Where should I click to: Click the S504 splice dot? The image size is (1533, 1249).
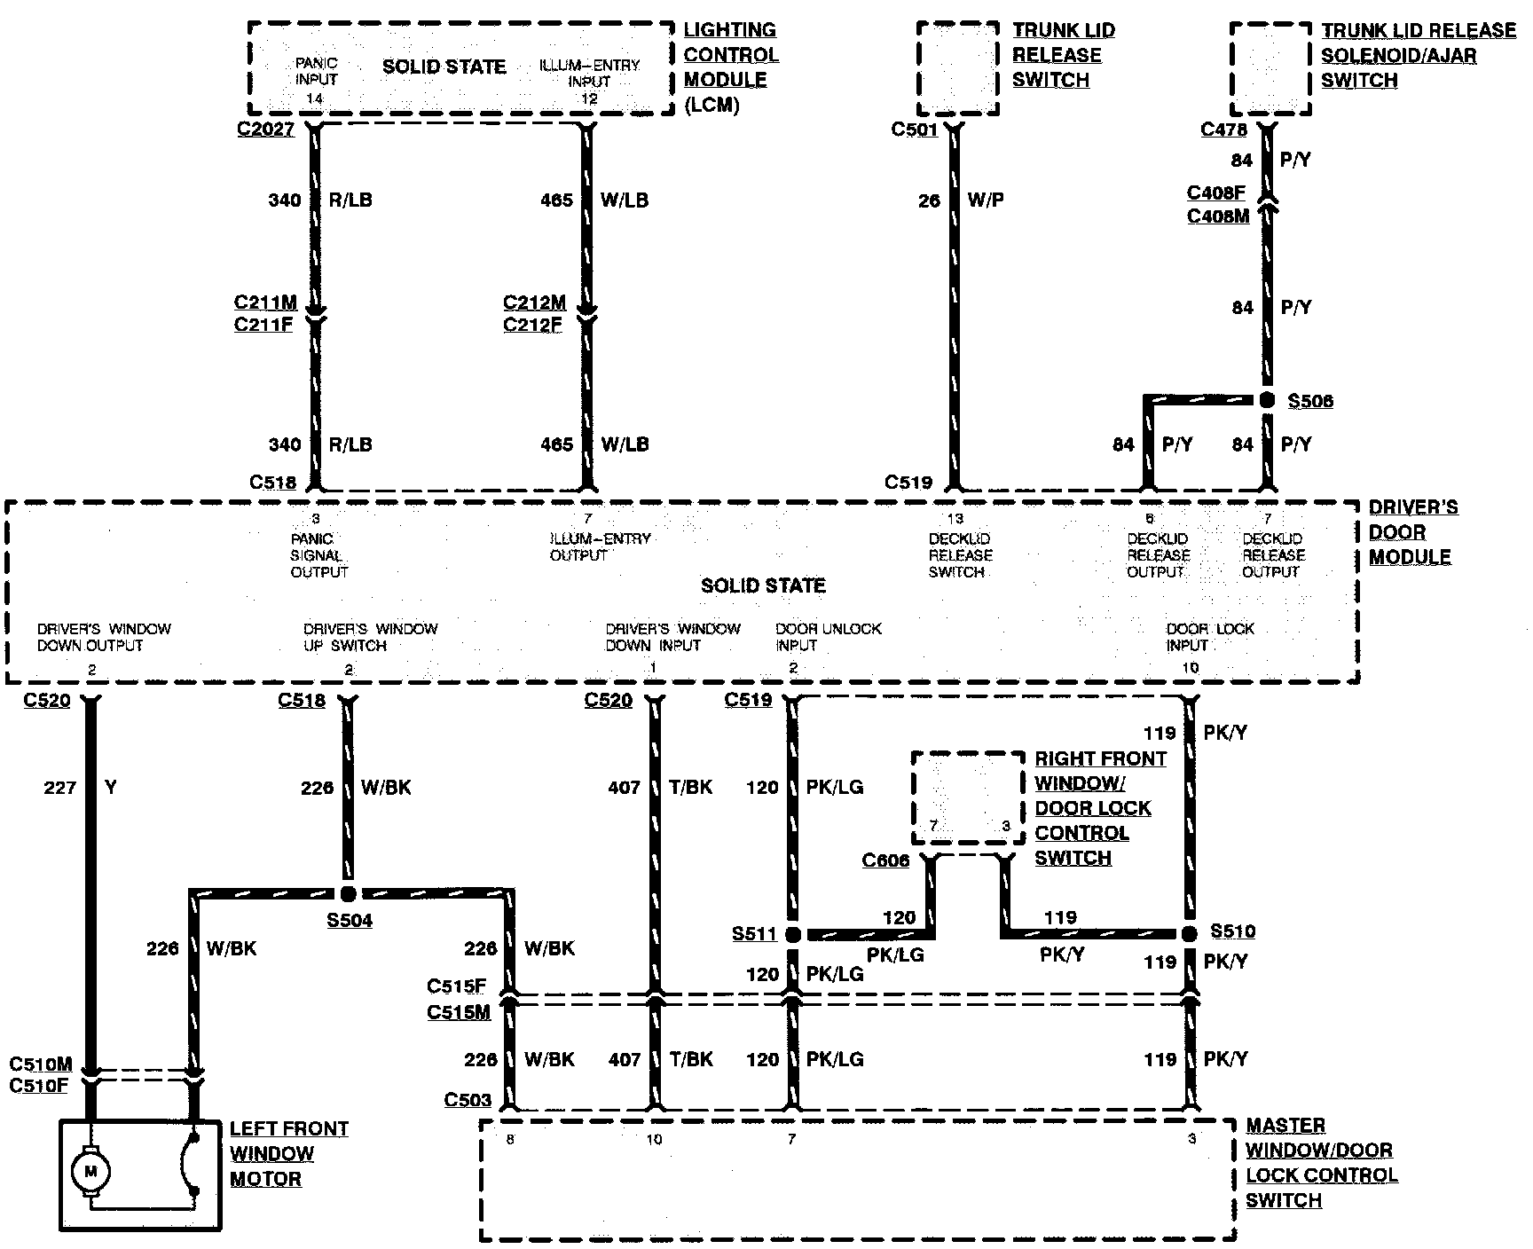pyautogui.click(x=349, y=894)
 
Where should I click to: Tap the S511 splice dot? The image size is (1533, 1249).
pyautogui.click(x=793, y=934)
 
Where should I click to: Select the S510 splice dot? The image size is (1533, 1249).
pyautogui.click(x=1190, y=933)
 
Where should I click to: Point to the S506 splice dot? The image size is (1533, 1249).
pyautogui.click(x=1267, y=401)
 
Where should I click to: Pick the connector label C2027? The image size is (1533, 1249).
pyautogui.click(x=265, y=130)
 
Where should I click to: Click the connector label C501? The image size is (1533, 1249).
pyautogui.click(x=915, y=130)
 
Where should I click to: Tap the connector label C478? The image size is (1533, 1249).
pyautogui.click(x=1223, y=130)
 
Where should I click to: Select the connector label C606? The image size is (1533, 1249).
pyautogui.click(x=885, y=860)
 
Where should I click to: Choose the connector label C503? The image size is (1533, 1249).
pyautogui.click(x=468, y=1100)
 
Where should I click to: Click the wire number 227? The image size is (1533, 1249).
pyautogui.click(x=59, y=787)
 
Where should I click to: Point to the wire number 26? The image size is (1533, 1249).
pyautogui.click(x=929, y=200)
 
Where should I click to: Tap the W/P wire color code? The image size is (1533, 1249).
pyautogui.click(x=985, y=200)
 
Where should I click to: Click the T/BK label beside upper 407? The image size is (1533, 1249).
pyautogui.click(x=691, y=787)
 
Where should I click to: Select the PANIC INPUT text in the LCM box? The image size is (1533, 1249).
pyautogui.click(x=316, y=72)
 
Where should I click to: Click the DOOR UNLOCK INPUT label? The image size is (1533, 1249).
pyautogui.click(x=828, y=637)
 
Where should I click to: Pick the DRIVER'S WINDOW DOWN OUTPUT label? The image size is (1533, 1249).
pyautogui.click(x=104, y=637)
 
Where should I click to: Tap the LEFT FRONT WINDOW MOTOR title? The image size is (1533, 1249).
pyautogui.click(x=288, y=1153)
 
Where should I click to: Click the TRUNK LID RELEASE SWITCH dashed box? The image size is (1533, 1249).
pyautogui.click(x=958, y=68)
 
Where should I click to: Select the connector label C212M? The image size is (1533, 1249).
pyautogui.click(x=534, y=303)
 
